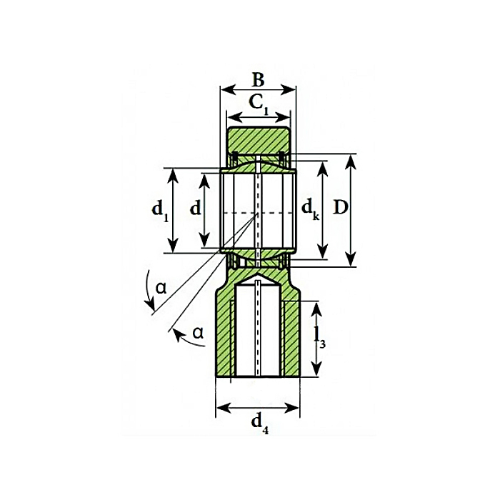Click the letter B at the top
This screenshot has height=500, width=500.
[x=258, y=79]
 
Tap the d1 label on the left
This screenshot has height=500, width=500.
[x=160, y=210]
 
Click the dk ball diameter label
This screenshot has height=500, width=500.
[x=309, y=209]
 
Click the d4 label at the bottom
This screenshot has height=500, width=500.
[x=259, y=422]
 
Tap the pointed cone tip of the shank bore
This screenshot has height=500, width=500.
[x=258, y=274]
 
